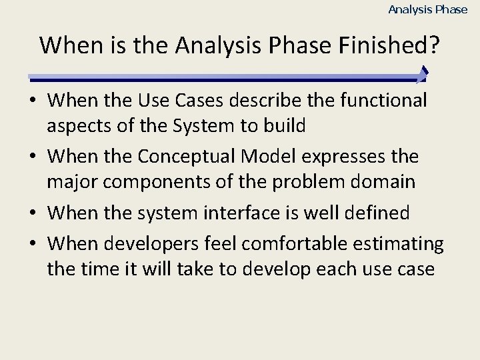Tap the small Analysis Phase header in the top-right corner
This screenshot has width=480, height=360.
[x=427, y=9]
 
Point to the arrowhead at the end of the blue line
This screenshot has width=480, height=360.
[x=422, y=75]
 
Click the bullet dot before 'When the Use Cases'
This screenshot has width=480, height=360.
[x=32, y=101]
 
